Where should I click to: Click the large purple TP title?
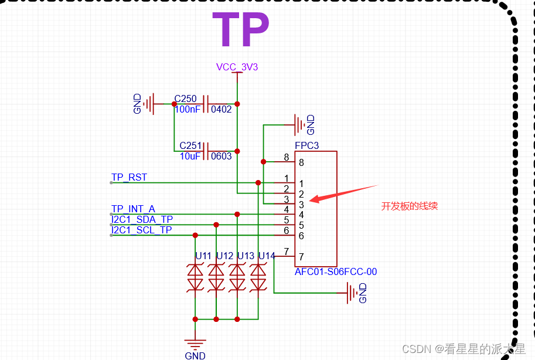(240, 30)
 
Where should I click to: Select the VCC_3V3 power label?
(237, 67)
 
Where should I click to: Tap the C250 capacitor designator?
(185, 99)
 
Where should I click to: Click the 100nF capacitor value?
(186, 109)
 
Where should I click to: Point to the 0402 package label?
(222, 109)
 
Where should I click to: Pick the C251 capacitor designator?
(190, 145)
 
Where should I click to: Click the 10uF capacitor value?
(190, 156)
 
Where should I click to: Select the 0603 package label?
(222, 156)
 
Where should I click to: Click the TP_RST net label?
(129, 177)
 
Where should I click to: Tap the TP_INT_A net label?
(133, 209)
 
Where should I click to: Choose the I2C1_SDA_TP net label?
(142, 219)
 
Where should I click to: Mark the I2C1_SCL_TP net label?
(142, 230)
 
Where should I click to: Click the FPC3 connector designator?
(306, 145)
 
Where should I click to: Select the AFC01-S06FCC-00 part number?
(336, 272)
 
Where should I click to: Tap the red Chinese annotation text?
(410, 206)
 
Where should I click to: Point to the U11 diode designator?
(203, 256)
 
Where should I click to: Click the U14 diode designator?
(267, 256)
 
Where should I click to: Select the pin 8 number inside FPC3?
(301, 162)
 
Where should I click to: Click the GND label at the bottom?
(195, 355)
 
